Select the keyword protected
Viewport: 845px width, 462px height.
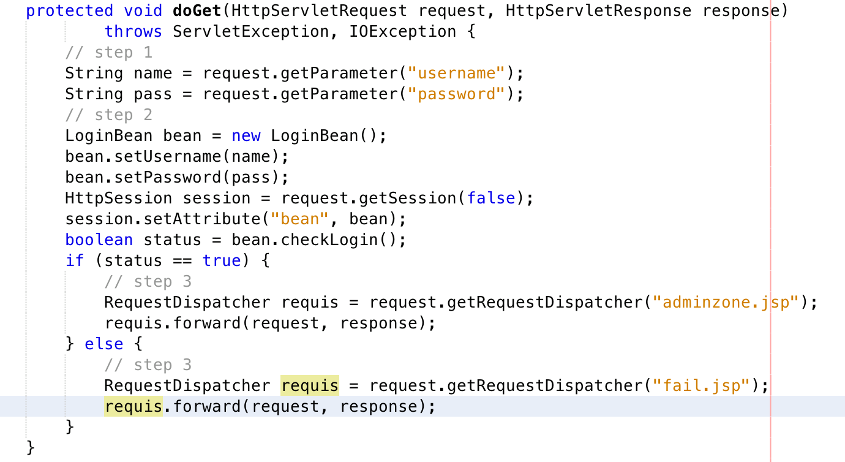pyautogui.click(x=70, y=10)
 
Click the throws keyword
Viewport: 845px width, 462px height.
pyautogui.click(x=133, y=31)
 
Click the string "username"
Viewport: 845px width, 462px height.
pyautogui.click(x=456, y=73)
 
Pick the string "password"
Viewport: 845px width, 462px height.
pyautogui.click(x=456, y=94)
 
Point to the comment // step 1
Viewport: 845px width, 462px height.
pyautogui.click(x=109, y=52)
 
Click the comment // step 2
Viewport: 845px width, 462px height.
pyautogui.click(x=109, y=115)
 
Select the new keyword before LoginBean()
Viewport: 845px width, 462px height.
pyautogui.click(x=246, y=135)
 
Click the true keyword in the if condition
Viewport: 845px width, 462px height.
pyautogui.click(x=222, y=260)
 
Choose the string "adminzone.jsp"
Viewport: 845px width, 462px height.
pyautogui.click(x=726, y=302)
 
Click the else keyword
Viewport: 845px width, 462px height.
pyautogui.click(x=104, y=344)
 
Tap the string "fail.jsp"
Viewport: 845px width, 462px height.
pyautogui.click(x=702, y=385)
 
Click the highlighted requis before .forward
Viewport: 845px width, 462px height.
pyautogui.click(x=133, y=406)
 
